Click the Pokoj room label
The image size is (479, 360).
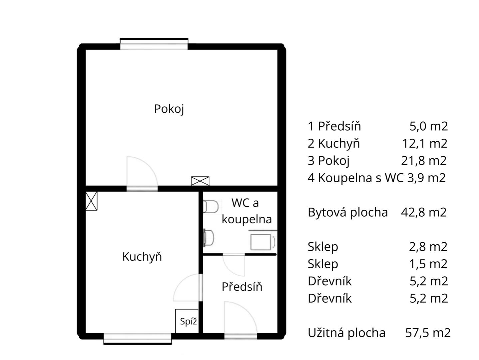click(x=169, y=109)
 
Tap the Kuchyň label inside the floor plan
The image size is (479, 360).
click(x=142, y=256)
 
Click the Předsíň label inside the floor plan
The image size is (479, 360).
click(x=242, y=286)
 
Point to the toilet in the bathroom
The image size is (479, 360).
click(x=211, y=207)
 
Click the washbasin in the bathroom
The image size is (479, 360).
click(x=209, y=238)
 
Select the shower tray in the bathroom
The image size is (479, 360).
click(x=263, y=242)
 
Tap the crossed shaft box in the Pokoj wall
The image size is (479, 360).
click(x=200, y=181)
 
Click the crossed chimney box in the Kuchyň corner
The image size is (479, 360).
click(x=91, y=201)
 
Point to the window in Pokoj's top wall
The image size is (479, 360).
click(x=154, y=44)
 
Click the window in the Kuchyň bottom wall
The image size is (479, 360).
click(x=138, y=339)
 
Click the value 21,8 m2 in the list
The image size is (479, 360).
click(x=424, y=160)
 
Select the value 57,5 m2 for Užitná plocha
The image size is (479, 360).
click(x=428, y=333)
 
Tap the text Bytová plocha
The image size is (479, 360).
click(x=348, y=212)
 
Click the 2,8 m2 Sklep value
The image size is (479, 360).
click(x=428, y=247)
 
